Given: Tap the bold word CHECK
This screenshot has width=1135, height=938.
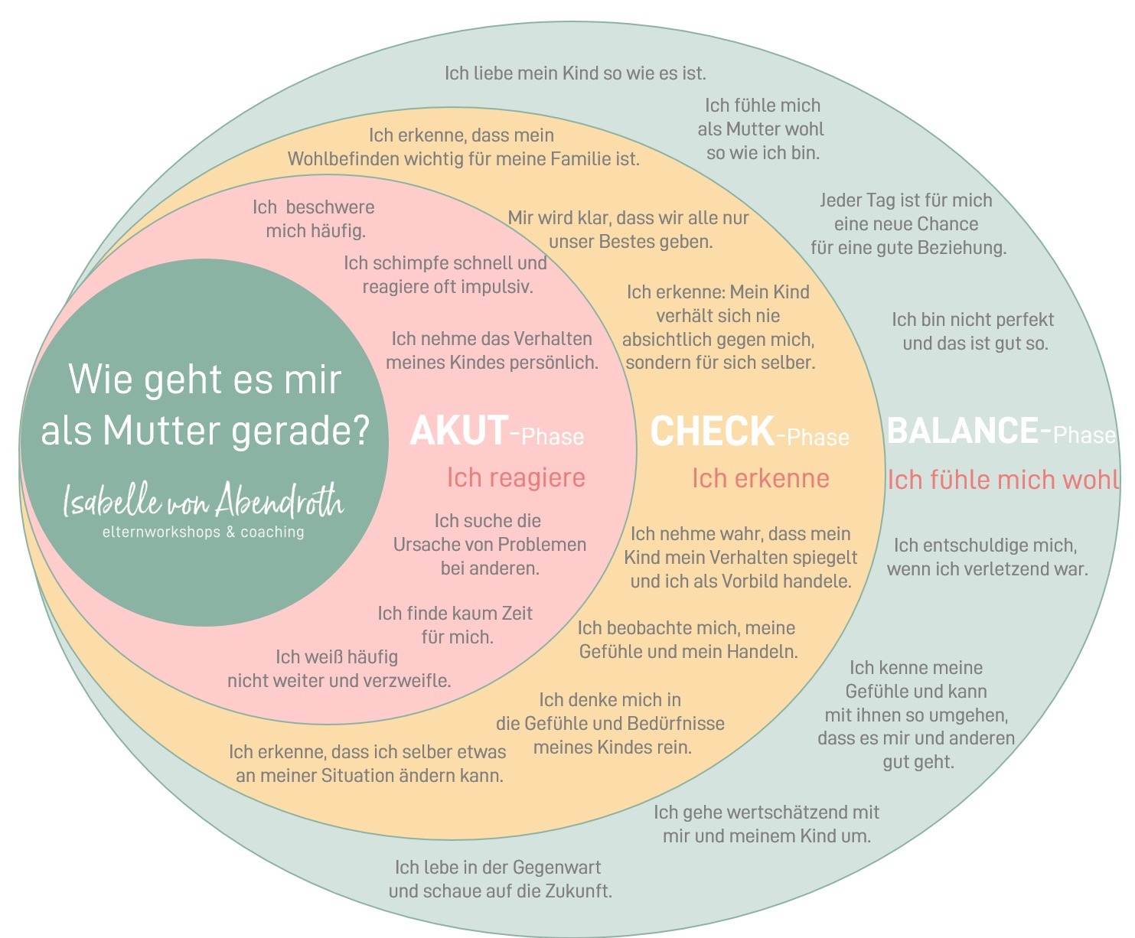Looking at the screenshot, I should tap(712, 432).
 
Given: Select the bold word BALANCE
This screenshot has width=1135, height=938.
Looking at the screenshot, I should tap(962, 431).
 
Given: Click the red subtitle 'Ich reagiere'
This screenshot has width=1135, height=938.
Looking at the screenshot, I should tap(516, 477).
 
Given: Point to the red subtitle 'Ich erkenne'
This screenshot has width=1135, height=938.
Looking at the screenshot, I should tap(760, 478).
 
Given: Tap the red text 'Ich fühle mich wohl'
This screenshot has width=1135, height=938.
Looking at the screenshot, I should tap(1003, 480).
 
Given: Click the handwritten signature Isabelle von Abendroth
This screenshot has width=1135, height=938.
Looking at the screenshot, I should tap(203, 500).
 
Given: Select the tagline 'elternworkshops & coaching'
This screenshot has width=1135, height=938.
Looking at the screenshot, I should tap(203, 532).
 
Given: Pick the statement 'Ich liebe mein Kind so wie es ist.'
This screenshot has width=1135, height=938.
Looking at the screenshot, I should tap(575, 73).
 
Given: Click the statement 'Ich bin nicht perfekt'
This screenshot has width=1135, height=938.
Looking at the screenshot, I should tap(972, 320).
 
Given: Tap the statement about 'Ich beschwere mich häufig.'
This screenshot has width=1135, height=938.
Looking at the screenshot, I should tap(314, 219).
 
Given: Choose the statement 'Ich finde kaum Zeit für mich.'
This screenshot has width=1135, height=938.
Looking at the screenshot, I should tap(455, 624).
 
